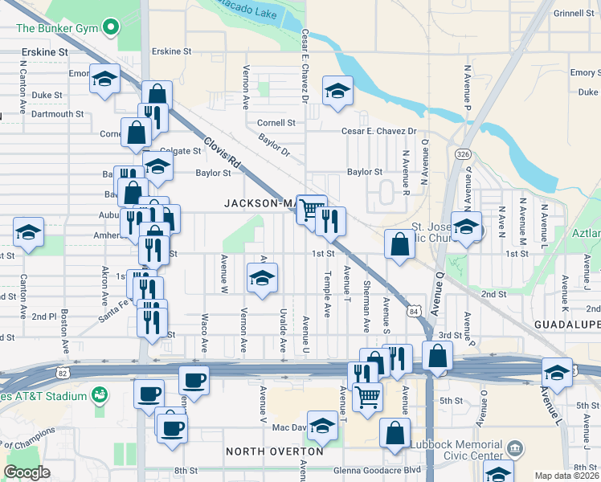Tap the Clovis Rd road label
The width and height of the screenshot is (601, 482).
click(x=223, y=152)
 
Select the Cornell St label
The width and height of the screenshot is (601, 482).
click(x=276, y=123)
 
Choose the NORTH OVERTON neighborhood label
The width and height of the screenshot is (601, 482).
click(x=275, y=451)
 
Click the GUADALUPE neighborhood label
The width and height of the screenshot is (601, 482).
click(x=567, y=323)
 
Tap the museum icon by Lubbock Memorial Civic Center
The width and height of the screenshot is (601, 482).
click(x=516, y=448)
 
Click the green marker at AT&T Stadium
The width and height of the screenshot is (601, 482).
click(x=100, y=395)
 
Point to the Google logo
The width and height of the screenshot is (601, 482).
click(x=27, y=472)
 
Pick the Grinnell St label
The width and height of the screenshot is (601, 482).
click(x=574, y=14)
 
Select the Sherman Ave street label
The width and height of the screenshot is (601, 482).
click(x=366, y=308)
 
